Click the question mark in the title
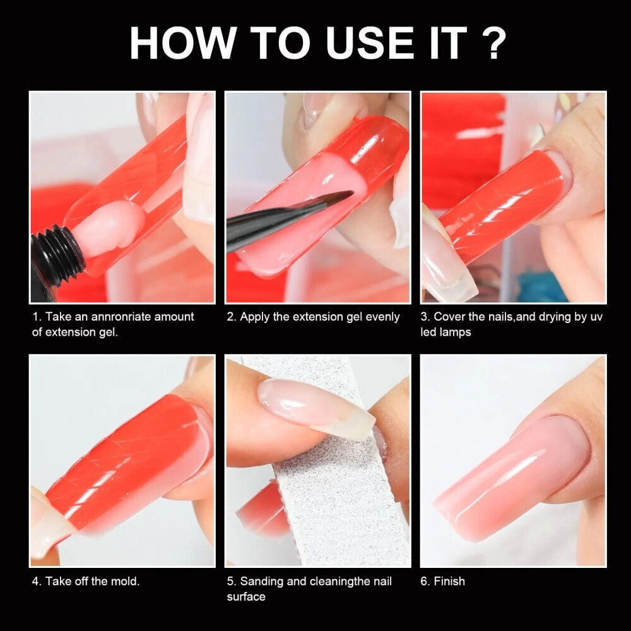[492, 43]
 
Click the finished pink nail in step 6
[511, 477]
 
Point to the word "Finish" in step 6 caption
[449, 581]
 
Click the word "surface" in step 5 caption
[246, 597]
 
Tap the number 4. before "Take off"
[37, 581]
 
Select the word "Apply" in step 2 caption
[254, 317]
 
